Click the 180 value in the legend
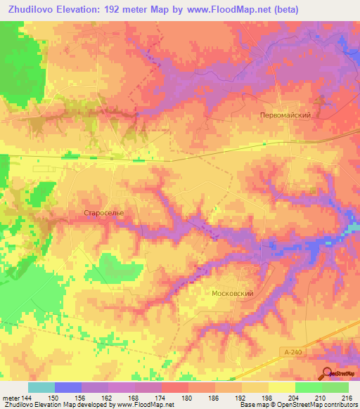click(188, 397)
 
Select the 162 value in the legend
click(108, 397)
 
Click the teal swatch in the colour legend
click(41, 387)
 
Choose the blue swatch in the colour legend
click(68, 387)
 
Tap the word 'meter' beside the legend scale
click(11, 397)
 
